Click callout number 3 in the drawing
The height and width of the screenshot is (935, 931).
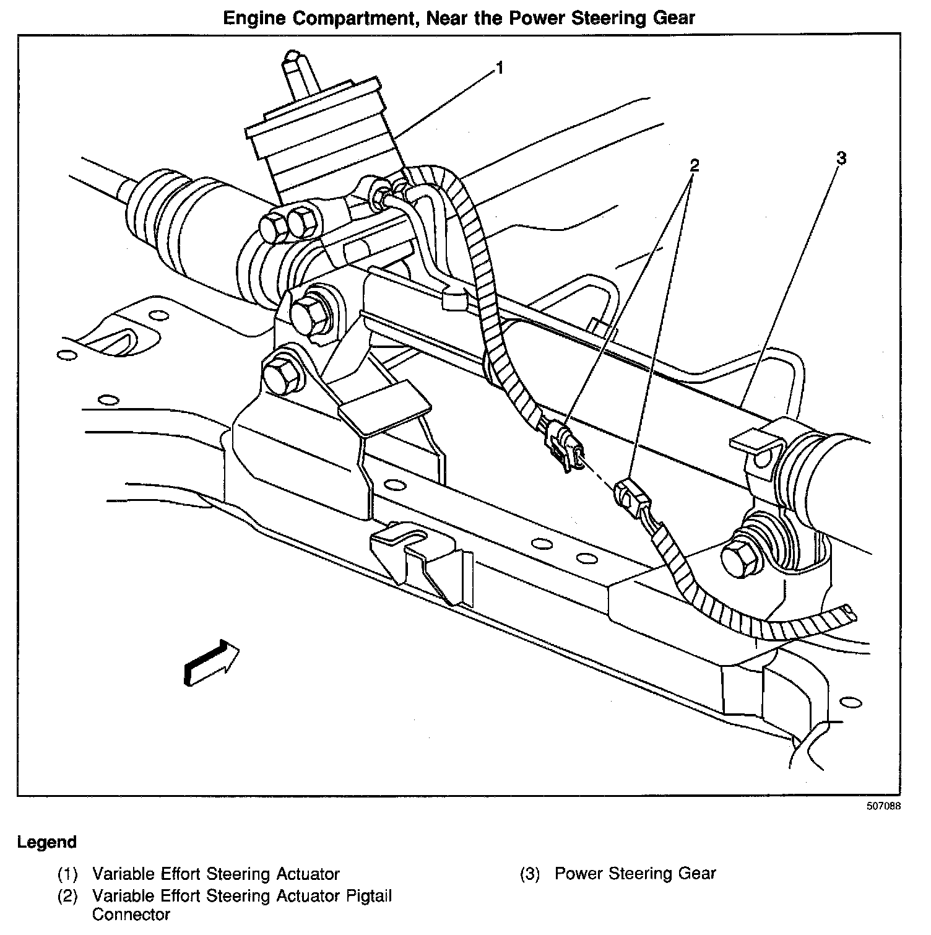click(841, 159)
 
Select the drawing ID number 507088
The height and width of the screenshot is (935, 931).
click(883, 806)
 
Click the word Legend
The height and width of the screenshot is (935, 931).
click(47, 842)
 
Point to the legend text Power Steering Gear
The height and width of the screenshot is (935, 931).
click(635, 874)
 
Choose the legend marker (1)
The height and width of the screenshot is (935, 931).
click(67, 874)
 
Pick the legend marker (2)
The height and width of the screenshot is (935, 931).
click(67, 896)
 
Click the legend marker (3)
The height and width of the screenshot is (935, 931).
click(530, 874)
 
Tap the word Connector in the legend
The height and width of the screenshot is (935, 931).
click(131, 915)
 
